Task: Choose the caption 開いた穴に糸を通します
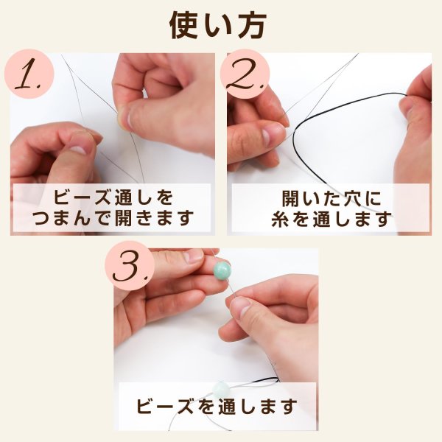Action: pyautogui.click(x=330, y=208)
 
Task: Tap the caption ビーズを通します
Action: pyautogui.click(x=217, y=406)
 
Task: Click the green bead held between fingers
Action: pyautogui.click(x=221, y=271)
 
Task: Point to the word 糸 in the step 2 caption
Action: pyautogui.click(x=280, y=219)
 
